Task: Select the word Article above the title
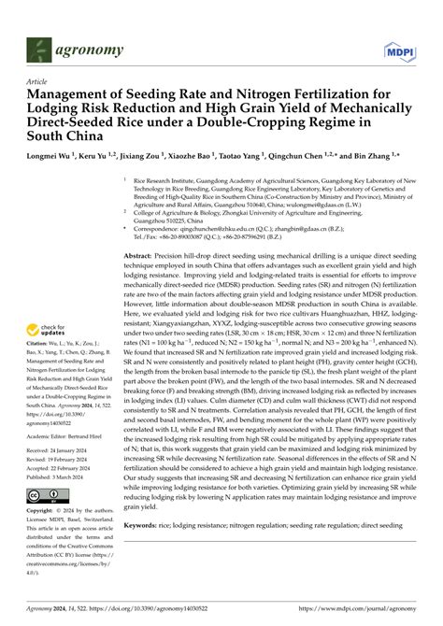coord(38,81)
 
